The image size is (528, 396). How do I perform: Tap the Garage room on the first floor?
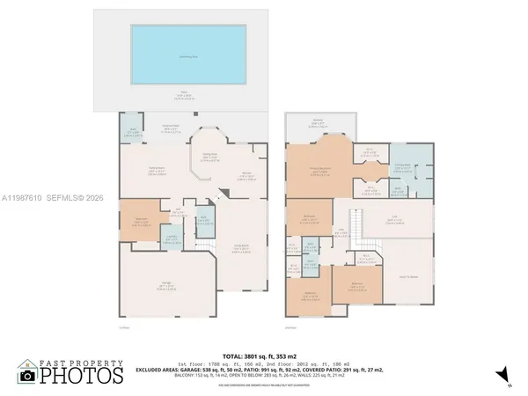[166, 284]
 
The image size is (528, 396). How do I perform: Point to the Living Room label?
[239, 247]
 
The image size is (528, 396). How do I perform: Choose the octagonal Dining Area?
[210, 159]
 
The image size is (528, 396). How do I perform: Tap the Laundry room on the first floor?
[174, 236]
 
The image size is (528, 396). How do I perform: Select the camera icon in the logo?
[28, 374]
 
